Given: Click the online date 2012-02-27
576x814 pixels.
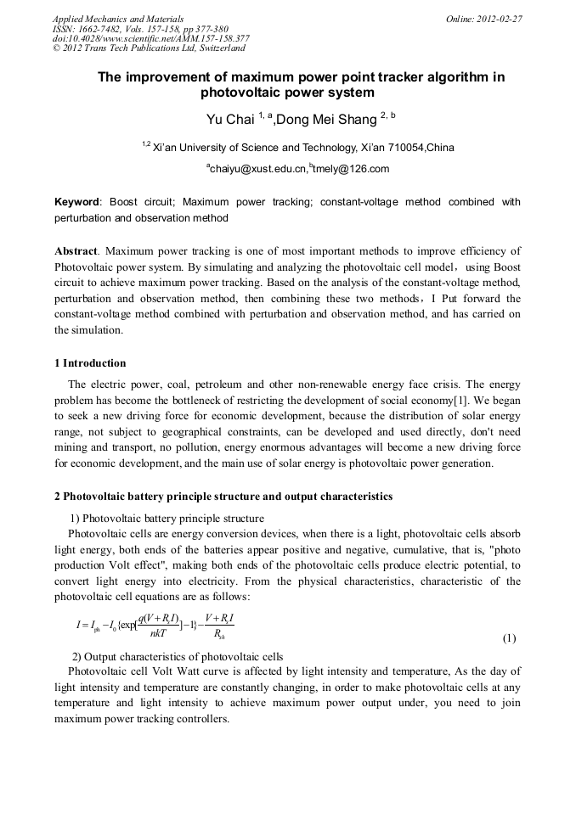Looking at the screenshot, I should [499, 19].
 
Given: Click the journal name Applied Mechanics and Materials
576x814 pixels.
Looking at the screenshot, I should [118, 19].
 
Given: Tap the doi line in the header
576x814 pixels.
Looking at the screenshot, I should [151, 38].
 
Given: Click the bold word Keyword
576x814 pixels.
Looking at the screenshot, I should [76, 202].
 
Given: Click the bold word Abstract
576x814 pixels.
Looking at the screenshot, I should [76, 251].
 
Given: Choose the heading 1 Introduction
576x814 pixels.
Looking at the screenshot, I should [90, 363].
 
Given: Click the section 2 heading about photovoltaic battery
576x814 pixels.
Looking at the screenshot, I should [223, 496].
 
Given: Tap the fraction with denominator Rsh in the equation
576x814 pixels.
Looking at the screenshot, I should [219, 625].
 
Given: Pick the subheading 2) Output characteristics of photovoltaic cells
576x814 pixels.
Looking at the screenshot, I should [177, 656].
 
